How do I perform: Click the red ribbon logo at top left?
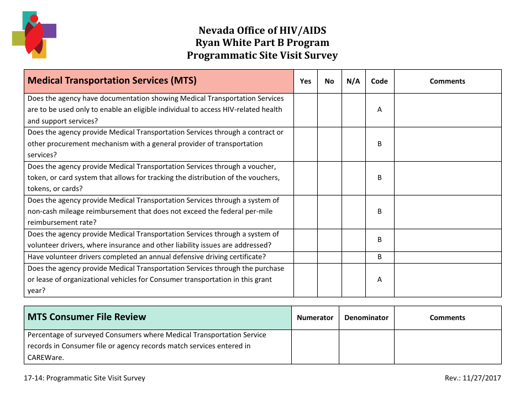[x=34, y=34]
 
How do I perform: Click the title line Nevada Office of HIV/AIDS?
[x=262, y=30]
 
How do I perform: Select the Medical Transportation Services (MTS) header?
[x=112, y=81]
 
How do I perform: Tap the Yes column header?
[x=305, y=81]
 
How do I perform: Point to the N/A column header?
[x=353, y=81]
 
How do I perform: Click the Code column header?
[x=379, y=81]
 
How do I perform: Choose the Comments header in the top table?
[x=447, y=81]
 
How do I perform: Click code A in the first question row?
[x=379, y=110]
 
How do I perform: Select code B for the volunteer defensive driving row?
[x=379, y=257]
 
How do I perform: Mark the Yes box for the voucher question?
[x=305, y=178]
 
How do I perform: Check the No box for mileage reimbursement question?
[x=329, y=212]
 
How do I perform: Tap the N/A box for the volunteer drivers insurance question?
[x=353, y=240]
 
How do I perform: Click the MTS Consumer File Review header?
[x=87, y=317]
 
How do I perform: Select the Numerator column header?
[x=315, y=318]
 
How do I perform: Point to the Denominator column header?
[x=366, y=318]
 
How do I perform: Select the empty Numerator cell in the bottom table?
[x=315, y=347]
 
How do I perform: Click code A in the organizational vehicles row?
[x=379, y=280]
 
